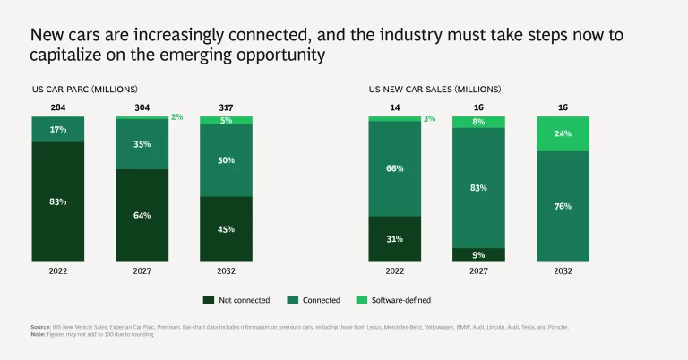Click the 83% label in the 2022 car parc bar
[57, 201]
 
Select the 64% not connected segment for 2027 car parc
[142, 215]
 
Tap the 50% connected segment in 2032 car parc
[226, 160]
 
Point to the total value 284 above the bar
[57, 107]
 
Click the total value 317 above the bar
[226, 107]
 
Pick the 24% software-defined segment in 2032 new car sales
[563, 134]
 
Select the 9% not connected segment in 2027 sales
[478, 254]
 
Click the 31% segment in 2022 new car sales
[394, 238]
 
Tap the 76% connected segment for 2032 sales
[563, 206]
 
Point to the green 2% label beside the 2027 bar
[176, 117]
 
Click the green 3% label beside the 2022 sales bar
[429, 118]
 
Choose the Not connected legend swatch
[209, 300]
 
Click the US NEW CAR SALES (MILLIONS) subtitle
[430, 90]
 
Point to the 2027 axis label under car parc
[142, 270]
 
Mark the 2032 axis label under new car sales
[563, 270]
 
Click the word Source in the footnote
[41, 327]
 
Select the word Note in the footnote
[39, 334]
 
